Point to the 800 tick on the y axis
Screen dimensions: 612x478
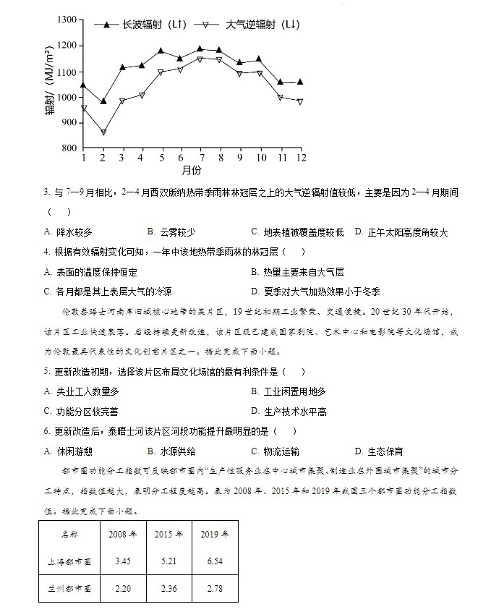pos(68,148)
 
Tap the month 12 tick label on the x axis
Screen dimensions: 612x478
pos(299,158)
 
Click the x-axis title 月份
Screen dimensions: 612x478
pos(192,171)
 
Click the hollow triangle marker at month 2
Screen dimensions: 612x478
pos(103,132)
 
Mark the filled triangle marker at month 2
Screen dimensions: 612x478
pos(103,101)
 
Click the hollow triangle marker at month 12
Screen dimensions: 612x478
pos(299,102)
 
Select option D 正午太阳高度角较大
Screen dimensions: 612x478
pos(401,232)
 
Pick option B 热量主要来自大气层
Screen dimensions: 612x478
pos(296,272)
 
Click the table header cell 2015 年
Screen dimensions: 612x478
pos(169,535)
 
